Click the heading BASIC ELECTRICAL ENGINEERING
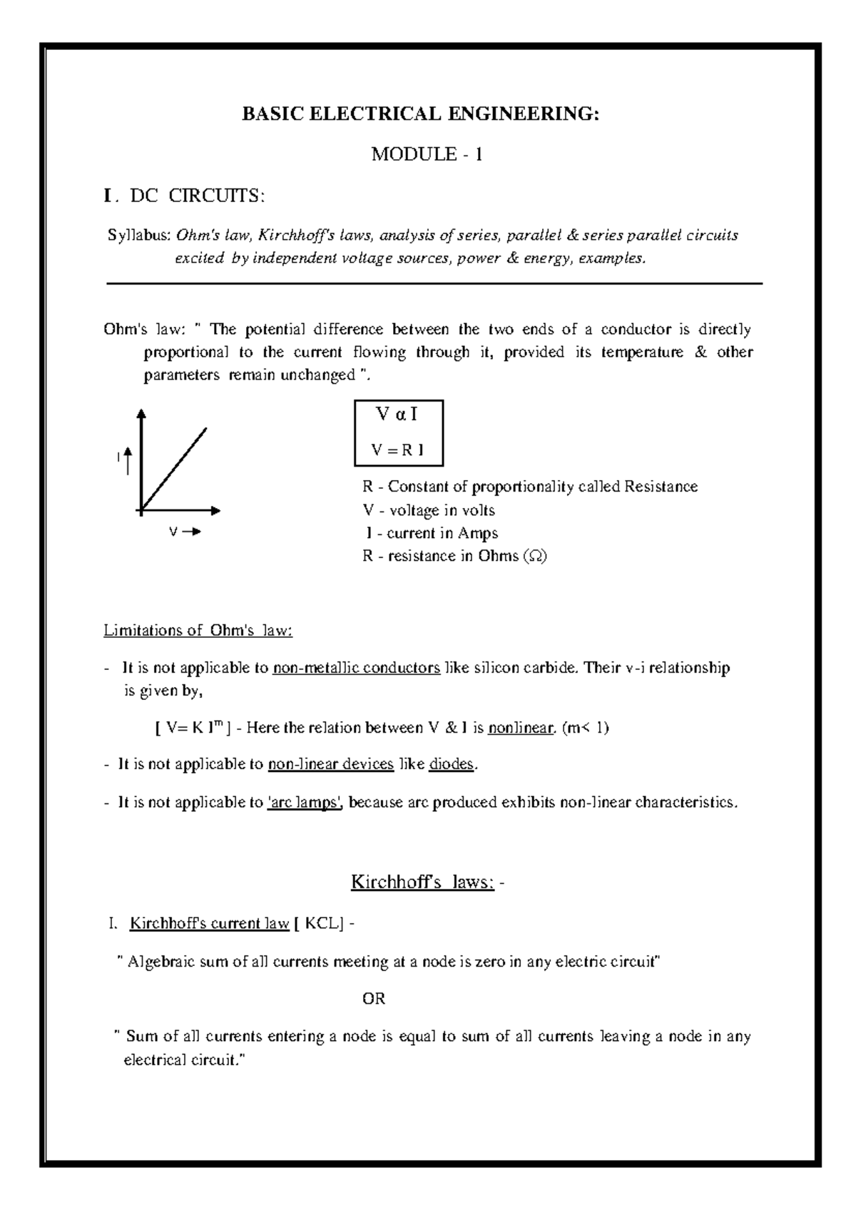(421, 114)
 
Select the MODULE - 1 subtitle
(427, 154)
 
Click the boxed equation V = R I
(398, 449)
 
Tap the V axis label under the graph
(173, 532)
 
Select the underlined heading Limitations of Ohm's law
(198, 631)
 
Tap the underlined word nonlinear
(521, 728)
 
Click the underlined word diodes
(452, 764)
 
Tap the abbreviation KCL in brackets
(322, 924)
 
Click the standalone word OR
(374, 999)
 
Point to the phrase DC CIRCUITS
(196, 196)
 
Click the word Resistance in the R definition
(661, 487)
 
